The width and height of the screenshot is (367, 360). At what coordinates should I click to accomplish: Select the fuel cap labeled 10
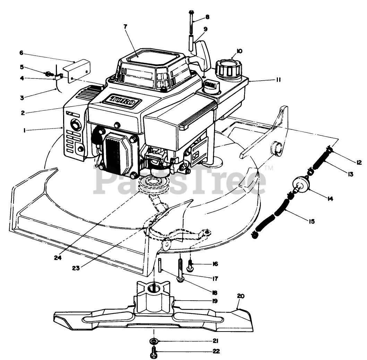pos(228,68)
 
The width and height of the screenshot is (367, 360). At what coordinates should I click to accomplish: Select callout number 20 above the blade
pos(241,296)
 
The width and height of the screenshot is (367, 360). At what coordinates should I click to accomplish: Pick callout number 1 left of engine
pos(25,130)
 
